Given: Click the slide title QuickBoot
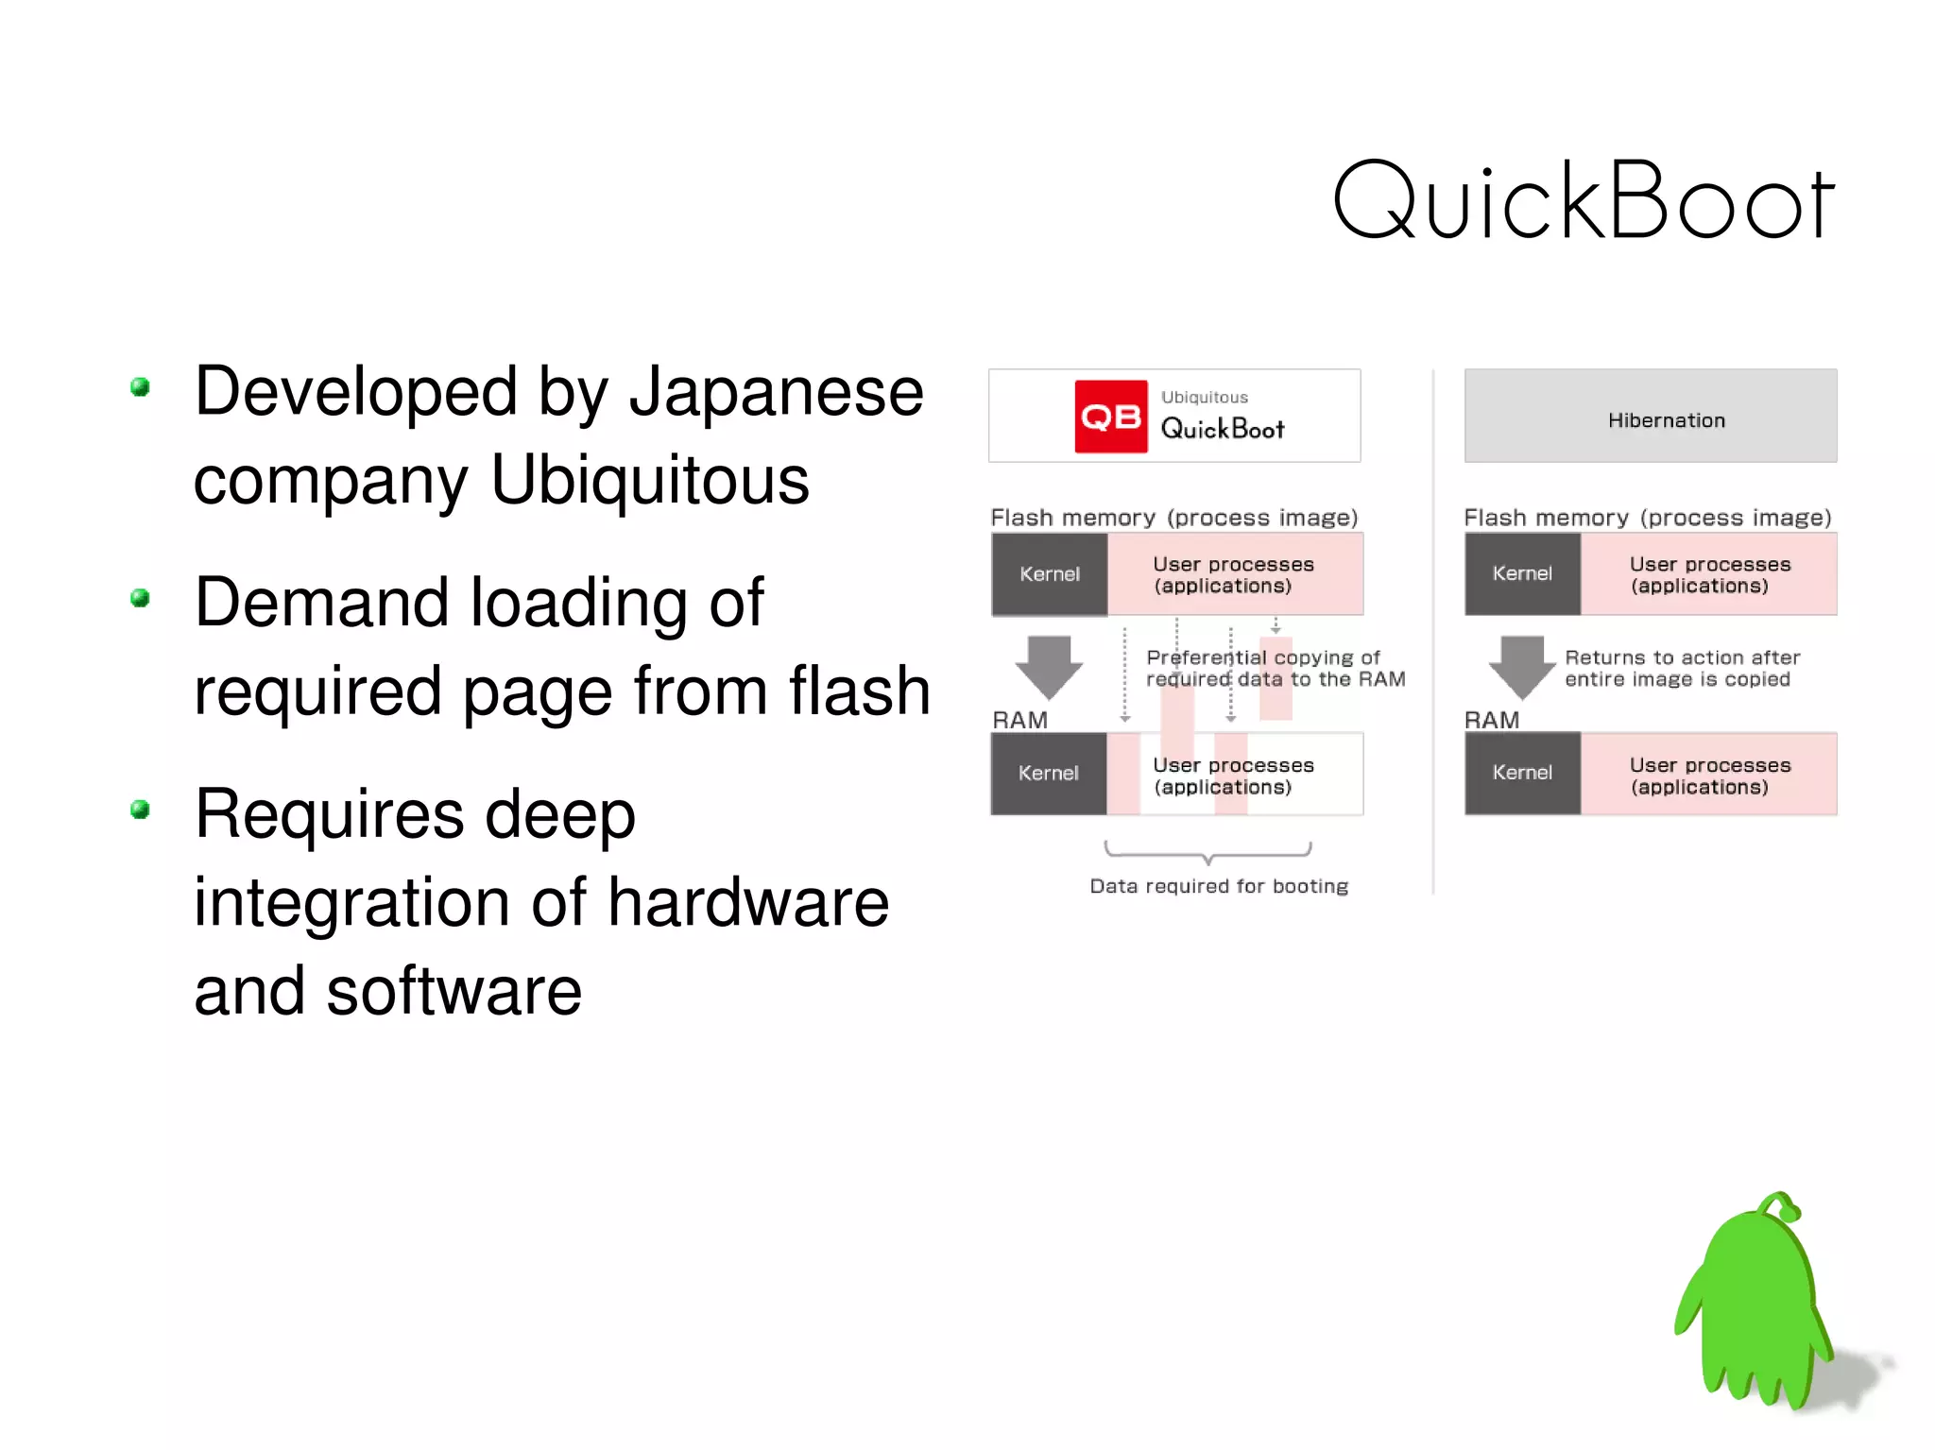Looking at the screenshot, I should coord(1583,200).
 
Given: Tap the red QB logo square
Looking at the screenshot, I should coord(1111,417).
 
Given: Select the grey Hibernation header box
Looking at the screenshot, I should coord(1650,417).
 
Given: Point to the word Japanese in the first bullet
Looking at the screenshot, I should coord(776,392).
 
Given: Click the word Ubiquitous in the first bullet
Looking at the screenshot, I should coord(650,480).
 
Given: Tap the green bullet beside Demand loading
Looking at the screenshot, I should coord(141,598).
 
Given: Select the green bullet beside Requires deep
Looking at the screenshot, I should coord(141,810).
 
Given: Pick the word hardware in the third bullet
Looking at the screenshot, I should coord(748,902).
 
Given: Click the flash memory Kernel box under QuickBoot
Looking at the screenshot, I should coord(1049,574).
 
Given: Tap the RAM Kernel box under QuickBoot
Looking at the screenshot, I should coord(1048,774).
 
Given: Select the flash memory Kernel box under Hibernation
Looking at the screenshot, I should coord(1522,574).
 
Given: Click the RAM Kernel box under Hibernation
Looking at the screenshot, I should coord(1522,774).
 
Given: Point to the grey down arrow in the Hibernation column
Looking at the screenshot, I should coord(1521,665).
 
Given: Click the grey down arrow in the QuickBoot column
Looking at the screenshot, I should coord(1049,665).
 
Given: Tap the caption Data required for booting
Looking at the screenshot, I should coord(1219,886).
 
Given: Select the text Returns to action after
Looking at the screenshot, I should coord(1682,657).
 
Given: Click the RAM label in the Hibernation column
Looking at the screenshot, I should coord(1492,720).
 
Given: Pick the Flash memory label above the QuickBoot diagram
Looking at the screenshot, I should coord(1173,518).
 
